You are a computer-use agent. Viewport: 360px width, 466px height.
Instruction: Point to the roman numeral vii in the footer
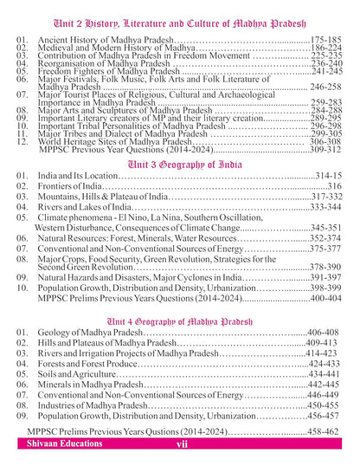click(181, 443)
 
